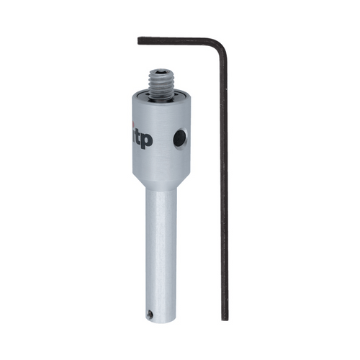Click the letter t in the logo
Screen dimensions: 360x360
(x=138, y=138)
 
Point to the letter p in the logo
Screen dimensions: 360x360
(x=146, y=141)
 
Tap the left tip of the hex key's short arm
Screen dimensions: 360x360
(x=140, y=40)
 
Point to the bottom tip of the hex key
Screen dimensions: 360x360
(x=225, y=318)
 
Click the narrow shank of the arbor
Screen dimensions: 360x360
(x=159, y=245)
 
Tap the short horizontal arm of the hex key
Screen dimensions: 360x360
(x=176, y=40)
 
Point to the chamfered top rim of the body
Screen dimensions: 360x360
(x=160, y=102)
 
